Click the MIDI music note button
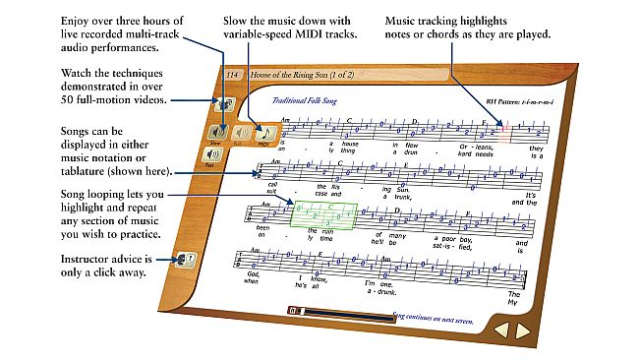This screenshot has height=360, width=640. (x=263, y=133)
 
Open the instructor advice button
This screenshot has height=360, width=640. (x=182, y=261)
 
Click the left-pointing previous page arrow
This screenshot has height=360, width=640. (x=498, y=331)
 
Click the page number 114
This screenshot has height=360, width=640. (x=232, y=75)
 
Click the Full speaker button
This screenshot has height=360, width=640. (x=238, y=132)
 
